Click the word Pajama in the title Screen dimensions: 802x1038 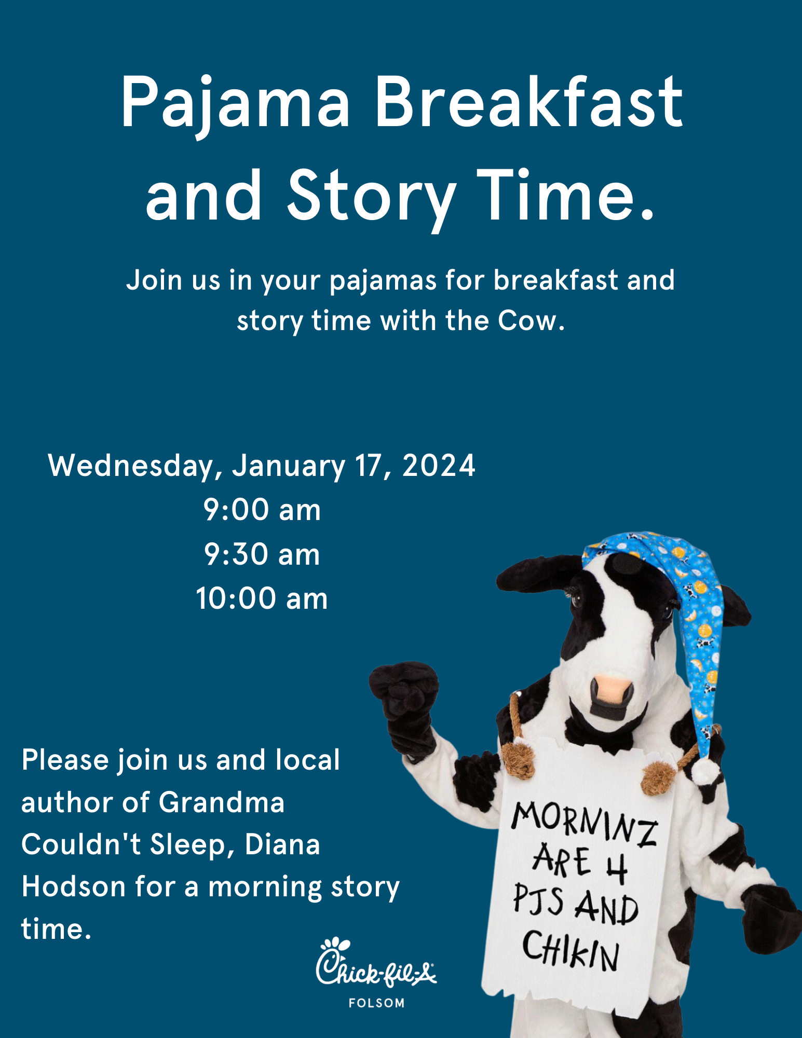point(235,104)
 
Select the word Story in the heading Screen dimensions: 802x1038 point(372,197)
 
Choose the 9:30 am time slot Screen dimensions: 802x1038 point(262,554)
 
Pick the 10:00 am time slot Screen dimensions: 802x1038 point(262,598)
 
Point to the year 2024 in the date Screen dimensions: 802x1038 point(439,465)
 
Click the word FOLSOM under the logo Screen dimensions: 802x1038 point(376,1003)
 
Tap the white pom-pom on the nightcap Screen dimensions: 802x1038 point(706,772)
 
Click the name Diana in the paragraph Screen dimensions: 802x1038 point(282,844)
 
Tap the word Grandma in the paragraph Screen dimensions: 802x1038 point(222,802)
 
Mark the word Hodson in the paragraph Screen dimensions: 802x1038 point(74,886)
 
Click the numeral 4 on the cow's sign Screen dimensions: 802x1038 point(616,868)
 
